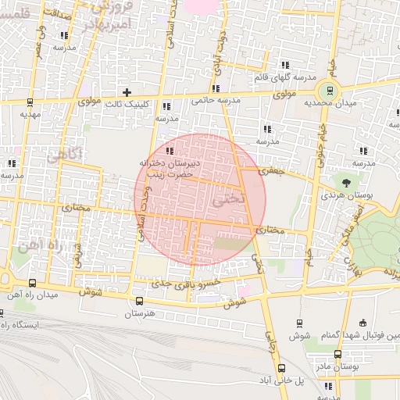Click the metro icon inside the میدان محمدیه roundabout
[330, 89]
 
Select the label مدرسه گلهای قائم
[285, 78]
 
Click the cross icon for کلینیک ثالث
[127, 92]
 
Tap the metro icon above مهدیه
[30, 102]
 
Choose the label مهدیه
[30, 114]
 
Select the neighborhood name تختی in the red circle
[227, 200]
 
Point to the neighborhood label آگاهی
[64, 155]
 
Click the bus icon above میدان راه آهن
[32, 283]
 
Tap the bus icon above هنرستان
[139, 301]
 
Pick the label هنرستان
[141, 313]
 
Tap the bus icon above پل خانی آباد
[281, 367]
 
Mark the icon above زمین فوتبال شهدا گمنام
[362, 323]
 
